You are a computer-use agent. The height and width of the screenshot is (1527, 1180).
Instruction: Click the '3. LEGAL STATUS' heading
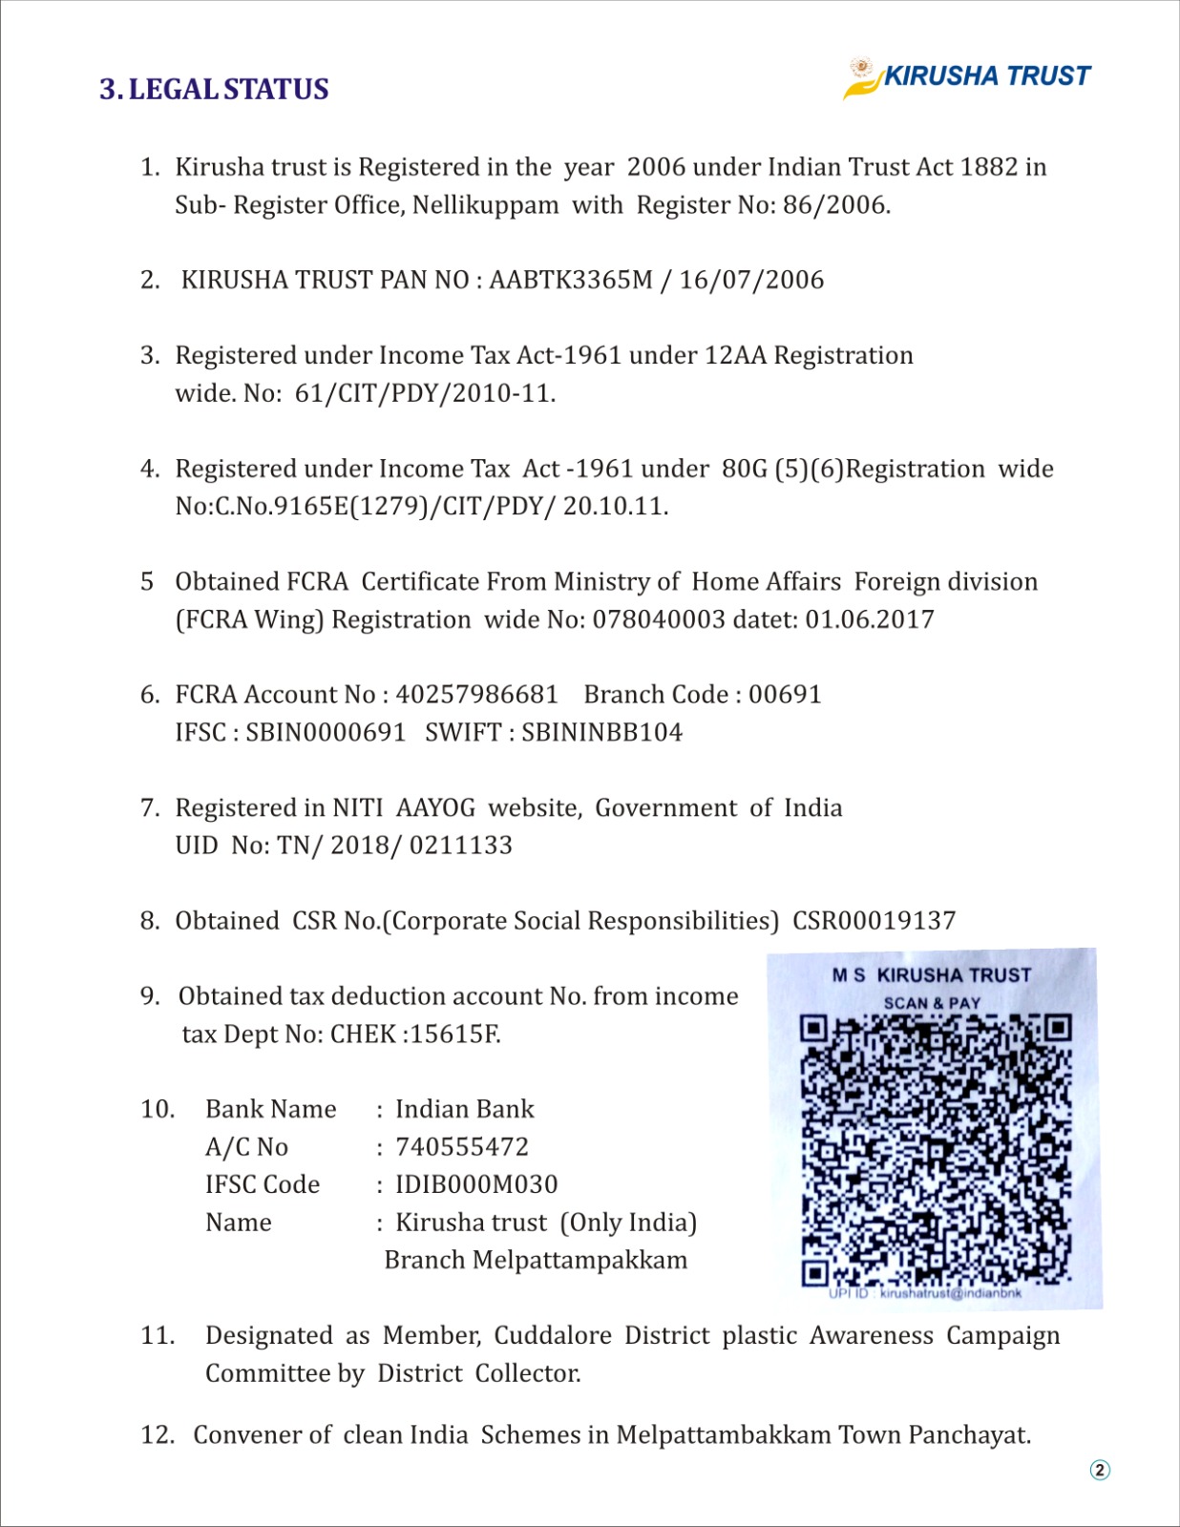pos(214,89)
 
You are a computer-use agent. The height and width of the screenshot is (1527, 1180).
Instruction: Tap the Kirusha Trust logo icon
pos(861,77)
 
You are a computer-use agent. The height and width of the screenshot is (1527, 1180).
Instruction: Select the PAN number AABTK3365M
pos(570,280)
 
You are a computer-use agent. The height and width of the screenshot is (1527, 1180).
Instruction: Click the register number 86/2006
pos(835,205)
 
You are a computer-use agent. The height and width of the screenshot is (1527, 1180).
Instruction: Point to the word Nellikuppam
pos(485,205)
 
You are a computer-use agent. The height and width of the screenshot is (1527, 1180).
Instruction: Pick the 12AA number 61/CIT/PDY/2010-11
pos(424,393)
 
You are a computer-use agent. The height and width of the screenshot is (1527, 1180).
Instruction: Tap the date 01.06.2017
pos(870,619)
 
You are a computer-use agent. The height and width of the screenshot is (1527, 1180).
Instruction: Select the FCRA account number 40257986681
pos(476,695)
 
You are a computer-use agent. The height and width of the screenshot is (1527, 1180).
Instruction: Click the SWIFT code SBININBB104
pos(601,733)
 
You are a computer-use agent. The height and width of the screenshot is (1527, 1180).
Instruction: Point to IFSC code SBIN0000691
pos(326,733)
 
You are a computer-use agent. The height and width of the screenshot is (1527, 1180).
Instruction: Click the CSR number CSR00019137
pos(874,921)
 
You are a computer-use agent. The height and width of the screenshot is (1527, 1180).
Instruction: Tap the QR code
pos(936,1150)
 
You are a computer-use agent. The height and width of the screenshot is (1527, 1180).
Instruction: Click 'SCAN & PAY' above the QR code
pos(932,1003)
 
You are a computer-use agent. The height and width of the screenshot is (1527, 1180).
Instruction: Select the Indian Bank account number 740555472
pos(461,1147)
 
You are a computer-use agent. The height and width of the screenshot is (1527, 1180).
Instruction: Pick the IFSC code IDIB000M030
pos(476,1184)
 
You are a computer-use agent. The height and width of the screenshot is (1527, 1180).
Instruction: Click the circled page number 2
pos(1100,1470)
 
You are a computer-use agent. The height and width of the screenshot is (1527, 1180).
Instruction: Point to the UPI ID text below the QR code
pos(925,1294)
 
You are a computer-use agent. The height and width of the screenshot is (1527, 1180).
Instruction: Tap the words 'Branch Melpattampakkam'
pos(535,1260)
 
